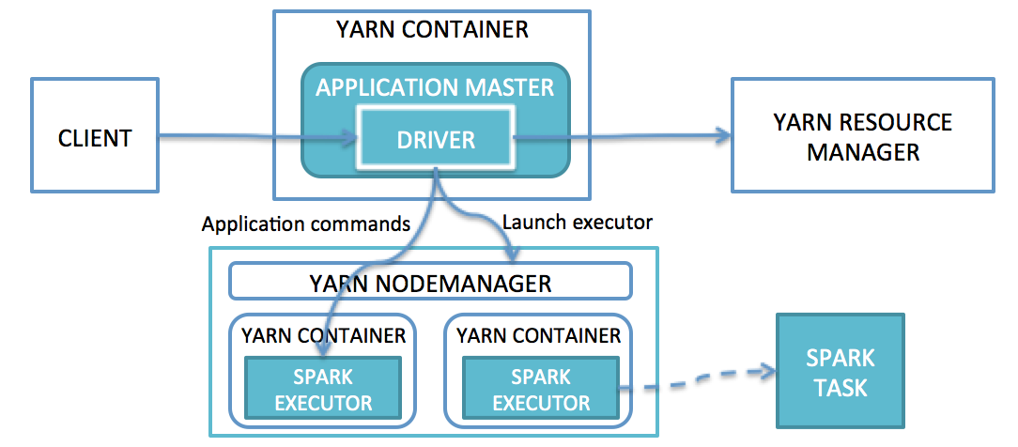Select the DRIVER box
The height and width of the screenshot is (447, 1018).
[x=436, y=140]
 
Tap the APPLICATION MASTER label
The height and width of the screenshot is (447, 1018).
[x=435, y=88]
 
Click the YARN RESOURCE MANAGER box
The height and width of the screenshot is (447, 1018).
[x=862, y=136]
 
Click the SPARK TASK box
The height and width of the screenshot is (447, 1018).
[x=840, y=371]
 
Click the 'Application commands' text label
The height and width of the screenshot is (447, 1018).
[x=306, y=224]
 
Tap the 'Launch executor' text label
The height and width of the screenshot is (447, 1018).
[x=577, y=223]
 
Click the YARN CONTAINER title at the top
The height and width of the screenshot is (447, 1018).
[x=432, y=29]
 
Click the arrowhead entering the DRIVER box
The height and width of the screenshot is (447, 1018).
[x=351, y=140]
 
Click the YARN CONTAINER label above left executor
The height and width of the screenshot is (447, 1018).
[x=322, y=335]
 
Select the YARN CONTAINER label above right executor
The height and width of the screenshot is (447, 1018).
[x=538, y=335]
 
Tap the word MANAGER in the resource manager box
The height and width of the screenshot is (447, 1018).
[x=863, y=151]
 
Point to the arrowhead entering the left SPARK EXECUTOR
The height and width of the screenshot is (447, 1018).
[x=322, y=351]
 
